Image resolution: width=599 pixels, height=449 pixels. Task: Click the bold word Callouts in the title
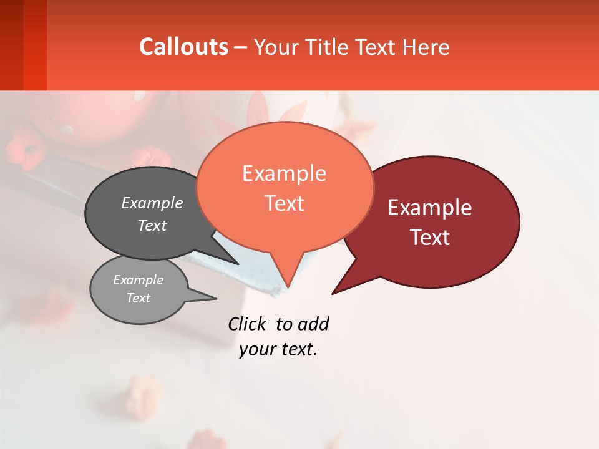point(183,47)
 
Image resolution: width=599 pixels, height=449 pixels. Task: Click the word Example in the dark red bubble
point(430,208)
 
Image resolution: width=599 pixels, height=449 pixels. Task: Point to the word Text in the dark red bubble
point(430,238)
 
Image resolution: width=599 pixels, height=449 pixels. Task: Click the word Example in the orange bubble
point(284,173)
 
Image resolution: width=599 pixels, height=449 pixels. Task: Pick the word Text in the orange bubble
point(284,203)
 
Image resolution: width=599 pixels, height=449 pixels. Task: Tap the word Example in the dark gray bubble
point(152,203)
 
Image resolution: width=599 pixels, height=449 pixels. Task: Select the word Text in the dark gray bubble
point(152,225)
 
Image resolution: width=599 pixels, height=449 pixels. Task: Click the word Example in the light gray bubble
point(138,280)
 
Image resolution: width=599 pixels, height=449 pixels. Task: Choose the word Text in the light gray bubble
point(138,298)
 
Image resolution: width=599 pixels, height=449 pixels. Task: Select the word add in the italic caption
point(313,324)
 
